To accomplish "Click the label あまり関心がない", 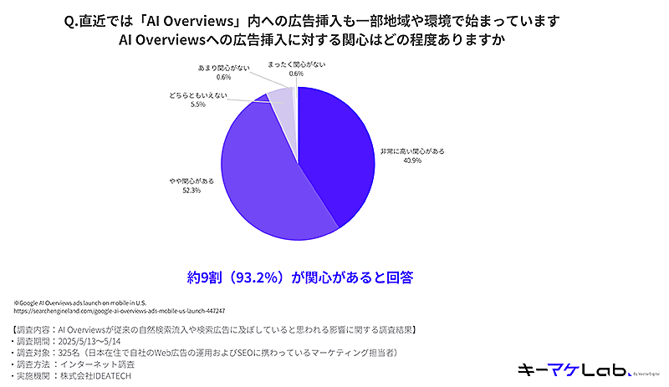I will coord(222,67).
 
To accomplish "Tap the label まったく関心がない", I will coord(297,64).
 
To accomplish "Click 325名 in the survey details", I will coord(74,353).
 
